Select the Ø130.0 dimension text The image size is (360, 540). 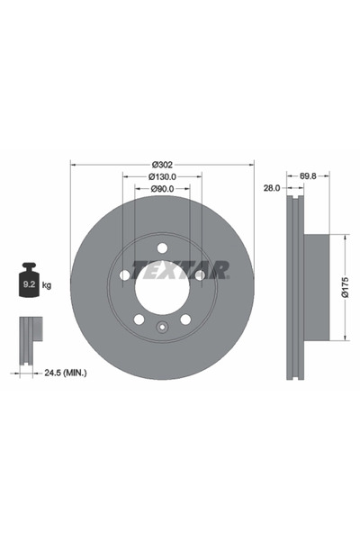point(162,176)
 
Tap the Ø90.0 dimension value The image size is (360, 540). point(162,189)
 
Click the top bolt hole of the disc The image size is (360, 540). point(162,248)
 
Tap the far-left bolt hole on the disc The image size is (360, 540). point(124,275)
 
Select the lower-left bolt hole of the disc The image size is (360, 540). point(139,319)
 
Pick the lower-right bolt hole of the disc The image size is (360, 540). point(185,319)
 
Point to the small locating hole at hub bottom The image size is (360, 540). point(162,328)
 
